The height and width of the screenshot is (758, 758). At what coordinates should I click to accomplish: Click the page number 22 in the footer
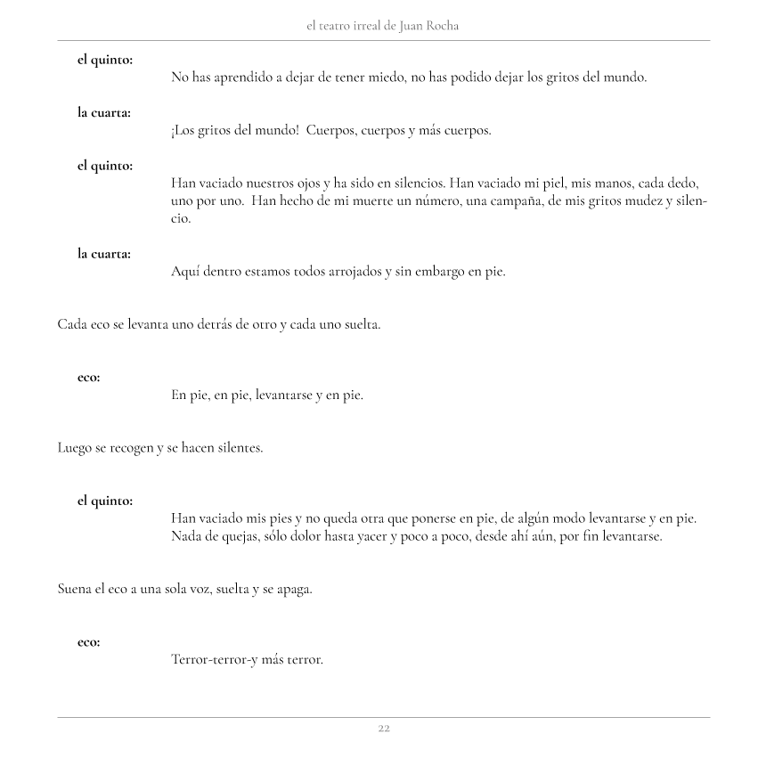[383, 728]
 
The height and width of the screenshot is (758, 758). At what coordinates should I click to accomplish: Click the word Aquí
[185, 272]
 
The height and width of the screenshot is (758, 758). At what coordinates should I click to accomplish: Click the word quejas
[235, 536]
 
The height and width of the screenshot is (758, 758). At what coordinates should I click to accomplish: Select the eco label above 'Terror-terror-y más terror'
[88, 642]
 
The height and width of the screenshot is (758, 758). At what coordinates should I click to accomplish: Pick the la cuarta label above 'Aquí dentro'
[104, 254]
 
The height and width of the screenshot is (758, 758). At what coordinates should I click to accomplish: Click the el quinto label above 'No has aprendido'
[105, 60]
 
